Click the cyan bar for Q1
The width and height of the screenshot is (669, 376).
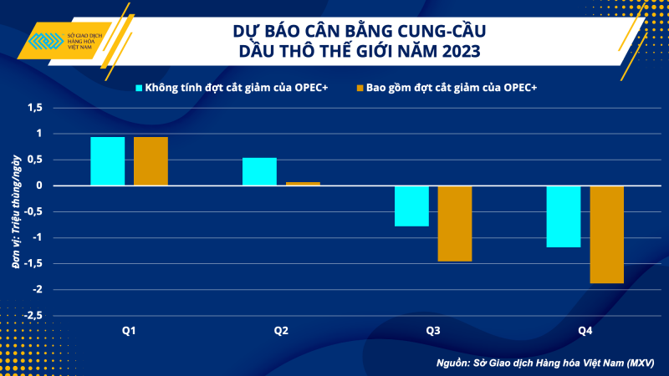click(107, 160)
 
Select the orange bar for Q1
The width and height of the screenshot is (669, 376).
click(151, 160)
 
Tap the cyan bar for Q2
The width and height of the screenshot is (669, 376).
click(259, 171)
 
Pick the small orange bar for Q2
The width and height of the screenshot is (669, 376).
click(303, 183)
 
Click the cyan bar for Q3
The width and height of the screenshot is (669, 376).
click(411, 206)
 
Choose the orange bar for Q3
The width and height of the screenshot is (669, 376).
click(455, 223)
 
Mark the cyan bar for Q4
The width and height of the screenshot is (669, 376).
click(564, 216)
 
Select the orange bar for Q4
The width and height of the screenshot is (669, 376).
click(607, 235)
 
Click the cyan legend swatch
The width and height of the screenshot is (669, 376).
click(140, 87)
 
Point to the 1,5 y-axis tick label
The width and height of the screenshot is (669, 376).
click(34, 108)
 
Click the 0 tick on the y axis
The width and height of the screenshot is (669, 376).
click(38, 185)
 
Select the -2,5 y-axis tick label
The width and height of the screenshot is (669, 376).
click(33, 316)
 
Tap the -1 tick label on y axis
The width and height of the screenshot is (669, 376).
click(36, 238)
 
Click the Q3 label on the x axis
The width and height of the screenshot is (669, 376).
click(433, 332)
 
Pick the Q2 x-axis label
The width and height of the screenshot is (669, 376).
click(281, 332)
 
